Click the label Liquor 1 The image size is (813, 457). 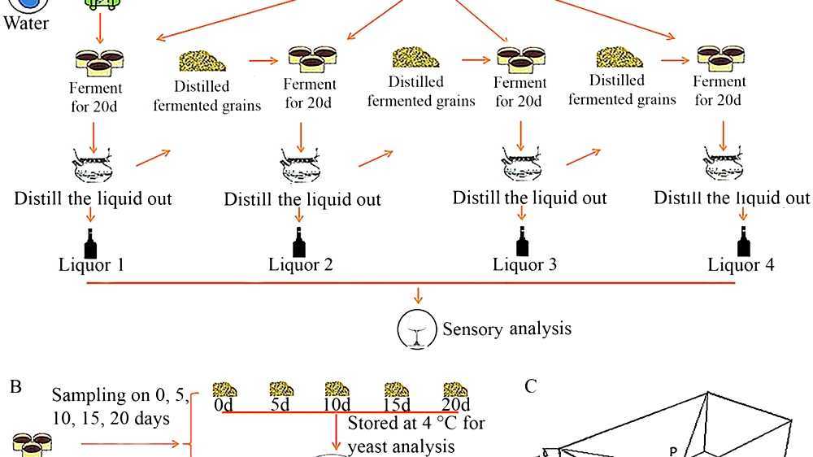[x=92, y=264]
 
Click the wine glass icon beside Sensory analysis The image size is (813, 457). [x=416, y=329]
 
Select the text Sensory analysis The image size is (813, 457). [x=506, y=329]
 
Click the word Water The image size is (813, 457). [x=26, y=23]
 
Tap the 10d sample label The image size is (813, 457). [x=337, y=403]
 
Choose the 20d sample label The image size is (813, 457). [x=456, y=403]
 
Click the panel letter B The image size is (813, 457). [x=15, y=386]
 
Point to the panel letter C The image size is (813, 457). [x=530, y=386]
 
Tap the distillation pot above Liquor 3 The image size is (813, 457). [x=522, y=166]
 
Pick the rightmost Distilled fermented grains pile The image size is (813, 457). [x=620, y=57]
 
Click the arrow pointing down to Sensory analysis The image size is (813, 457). [x=418, y=294]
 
